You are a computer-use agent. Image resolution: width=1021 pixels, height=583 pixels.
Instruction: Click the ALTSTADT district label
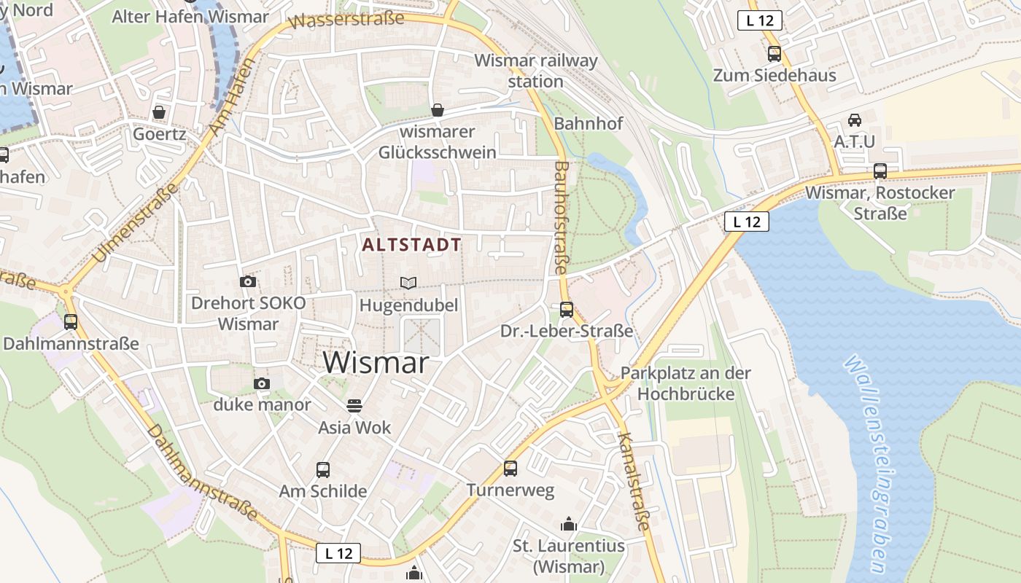[412, 245]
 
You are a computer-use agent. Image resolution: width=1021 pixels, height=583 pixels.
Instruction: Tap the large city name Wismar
[376, 362]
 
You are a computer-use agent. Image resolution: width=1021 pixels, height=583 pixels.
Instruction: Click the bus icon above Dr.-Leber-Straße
[567, 309]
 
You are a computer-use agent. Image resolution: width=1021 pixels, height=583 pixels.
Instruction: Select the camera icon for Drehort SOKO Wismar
[248, 282]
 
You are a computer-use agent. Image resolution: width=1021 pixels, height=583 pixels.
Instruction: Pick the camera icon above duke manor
[262, 383]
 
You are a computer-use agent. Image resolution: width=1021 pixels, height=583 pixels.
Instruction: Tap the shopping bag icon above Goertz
[159, 113]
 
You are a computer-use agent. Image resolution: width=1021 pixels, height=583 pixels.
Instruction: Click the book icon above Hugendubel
[409, 283]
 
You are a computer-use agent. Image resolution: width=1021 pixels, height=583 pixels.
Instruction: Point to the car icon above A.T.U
[855, 120]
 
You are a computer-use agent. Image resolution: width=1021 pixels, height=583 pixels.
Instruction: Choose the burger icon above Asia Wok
[354, 405]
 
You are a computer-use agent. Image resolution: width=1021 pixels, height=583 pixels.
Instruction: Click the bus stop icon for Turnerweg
[510, 468]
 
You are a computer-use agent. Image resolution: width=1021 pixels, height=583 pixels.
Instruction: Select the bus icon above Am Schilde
[323, 470]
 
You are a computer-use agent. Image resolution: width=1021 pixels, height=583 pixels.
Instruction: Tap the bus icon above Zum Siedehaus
[775, 53]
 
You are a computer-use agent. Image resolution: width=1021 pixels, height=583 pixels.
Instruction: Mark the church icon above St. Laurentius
[568, 524]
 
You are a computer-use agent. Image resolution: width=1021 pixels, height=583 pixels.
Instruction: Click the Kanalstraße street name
[633, 481]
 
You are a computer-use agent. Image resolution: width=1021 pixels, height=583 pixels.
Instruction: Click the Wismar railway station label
[536, 71]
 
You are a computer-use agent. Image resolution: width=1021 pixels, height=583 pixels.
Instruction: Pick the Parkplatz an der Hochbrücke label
[686, 383]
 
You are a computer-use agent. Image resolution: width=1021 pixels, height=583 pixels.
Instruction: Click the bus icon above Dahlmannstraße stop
[71, 321]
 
